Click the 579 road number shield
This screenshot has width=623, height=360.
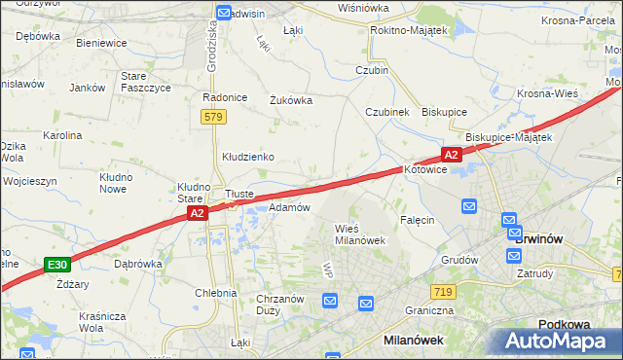point(215,117)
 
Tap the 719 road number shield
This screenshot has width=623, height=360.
point(444,292)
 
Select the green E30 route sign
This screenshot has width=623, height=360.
point(57,264)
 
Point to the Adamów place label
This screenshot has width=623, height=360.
point(289,207)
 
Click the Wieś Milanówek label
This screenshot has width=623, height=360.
point(361,234)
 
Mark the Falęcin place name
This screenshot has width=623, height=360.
point(417,220)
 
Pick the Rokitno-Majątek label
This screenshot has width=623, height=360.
point(408,31)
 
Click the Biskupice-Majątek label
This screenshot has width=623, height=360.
point(509,137)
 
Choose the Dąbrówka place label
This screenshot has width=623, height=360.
point(137,263)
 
